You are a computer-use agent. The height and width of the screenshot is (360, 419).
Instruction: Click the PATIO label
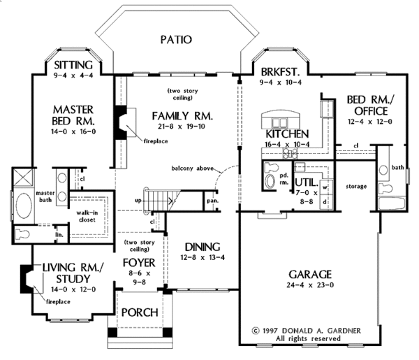[175, 40]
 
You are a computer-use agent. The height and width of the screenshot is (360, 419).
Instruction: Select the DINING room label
[203, 247]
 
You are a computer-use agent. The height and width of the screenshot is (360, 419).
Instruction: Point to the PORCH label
[140, 312]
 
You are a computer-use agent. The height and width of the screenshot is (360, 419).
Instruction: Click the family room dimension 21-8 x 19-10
[179, 127]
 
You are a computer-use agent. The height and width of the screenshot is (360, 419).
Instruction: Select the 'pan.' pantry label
[211, 200]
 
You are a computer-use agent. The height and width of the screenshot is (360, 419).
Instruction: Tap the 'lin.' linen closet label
[59, 235]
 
